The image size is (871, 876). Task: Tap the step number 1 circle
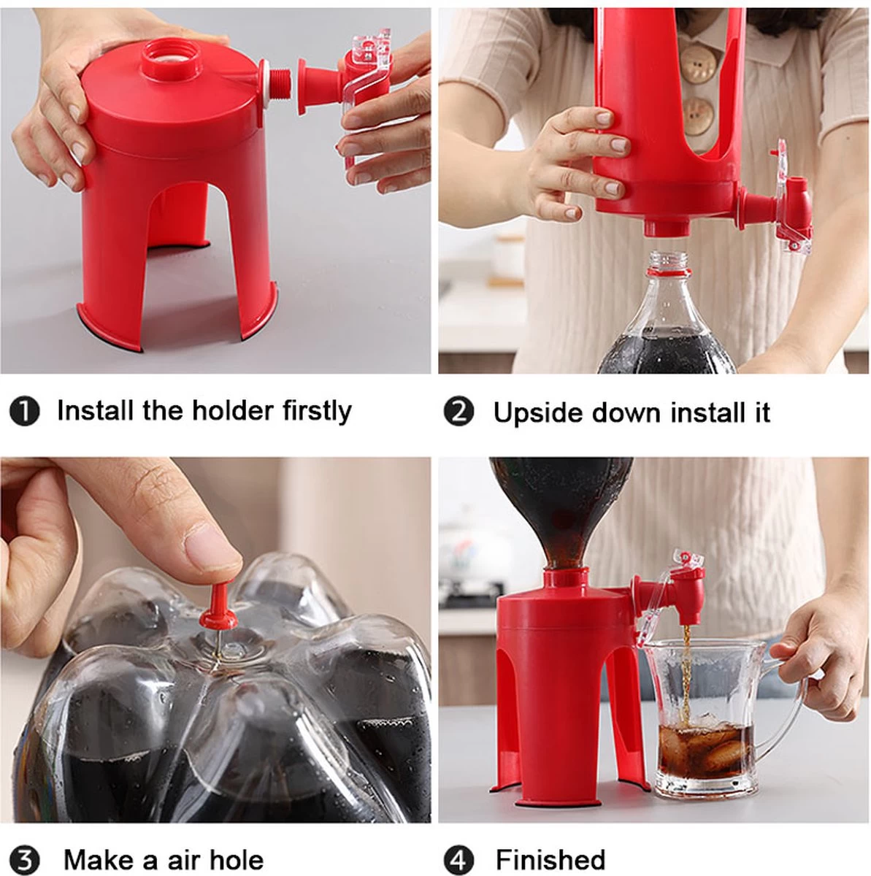(25, 412)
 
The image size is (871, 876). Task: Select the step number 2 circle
(459, 412)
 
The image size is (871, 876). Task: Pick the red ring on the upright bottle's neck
(669, 274)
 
